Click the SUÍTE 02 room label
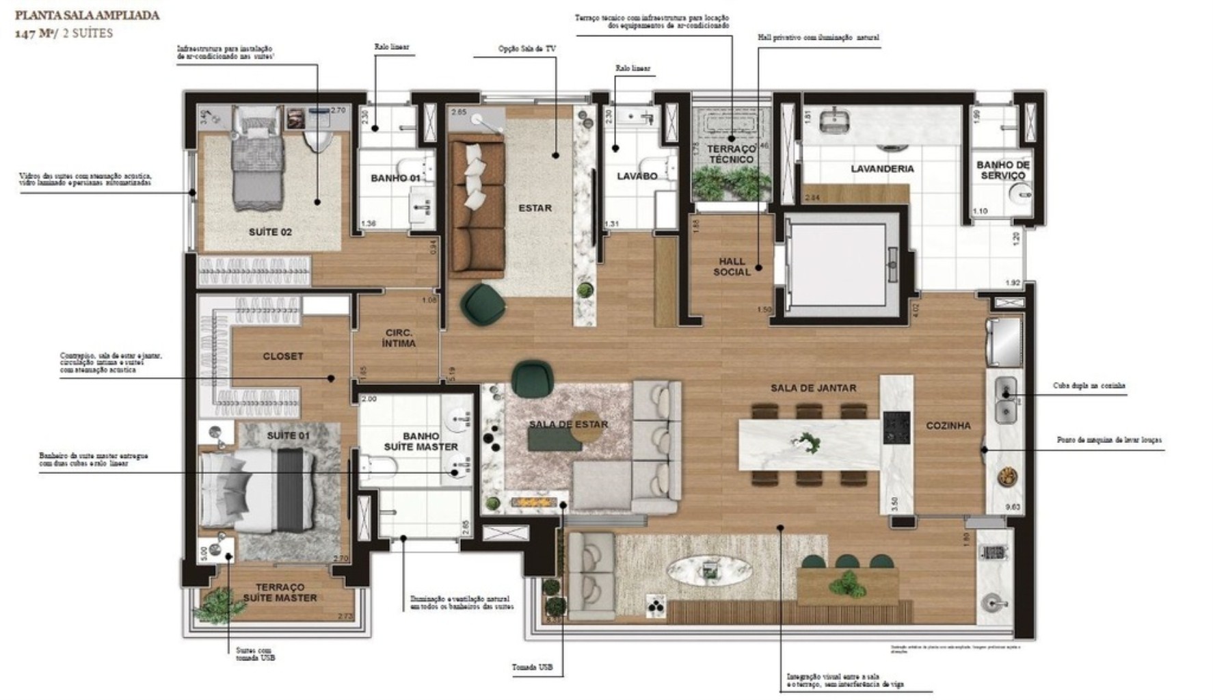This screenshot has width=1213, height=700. (270, 232)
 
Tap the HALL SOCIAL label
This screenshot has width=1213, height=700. (732, 267)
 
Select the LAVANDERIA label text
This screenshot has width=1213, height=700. (882, 169)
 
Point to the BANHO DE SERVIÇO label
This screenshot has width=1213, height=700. (1003, 170)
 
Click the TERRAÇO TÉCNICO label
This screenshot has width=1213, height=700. (731, 154)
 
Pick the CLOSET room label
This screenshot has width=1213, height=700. (282, 356)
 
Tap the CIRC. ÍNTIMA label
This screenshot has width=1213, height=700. (399, 338)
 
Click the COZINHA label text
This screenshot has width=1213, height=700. (948, 425)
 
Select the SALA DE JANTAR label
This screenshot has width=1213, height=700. (813, 388)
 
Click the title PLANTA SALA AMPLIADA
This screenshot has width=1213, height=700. (82, 15)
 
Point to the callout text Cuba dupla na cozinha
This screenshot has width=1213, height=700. (1089, 386)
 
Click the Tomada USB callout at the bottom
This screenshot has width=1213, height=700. (533, 667)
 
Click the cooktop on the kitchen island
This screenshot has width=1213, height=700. (896, 428)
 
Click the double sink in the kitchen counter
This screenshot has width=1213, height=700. (1004, 400)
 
